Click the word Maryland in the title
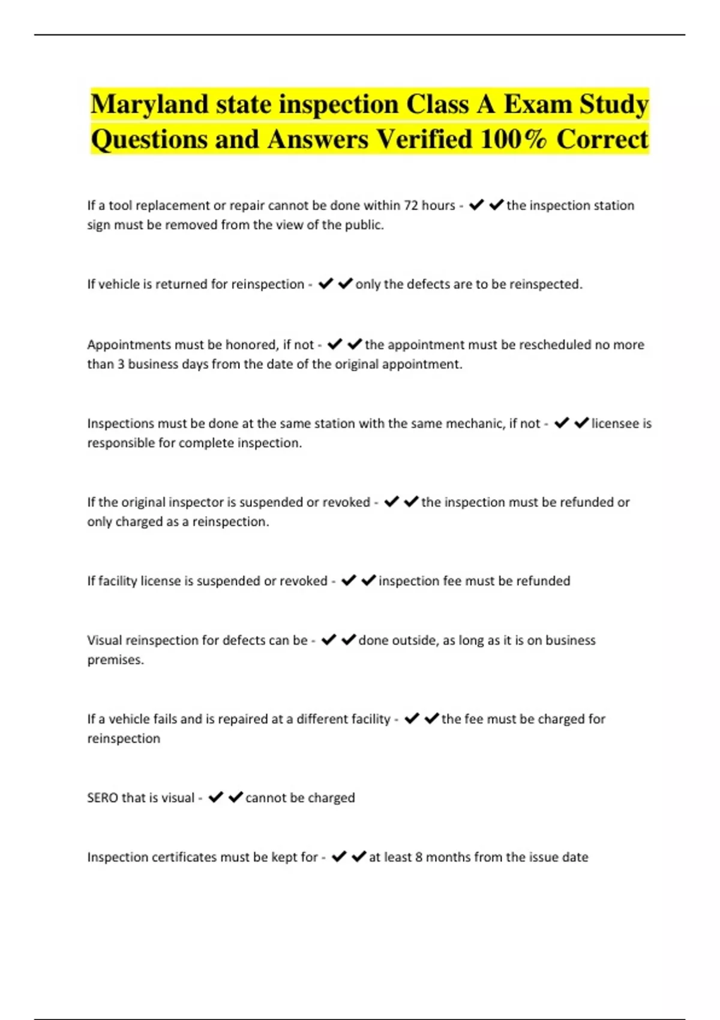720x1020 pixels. (149, 105)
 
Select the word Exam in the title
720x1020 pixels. (538, 105)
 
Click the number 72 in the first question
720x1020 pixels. (411, 206)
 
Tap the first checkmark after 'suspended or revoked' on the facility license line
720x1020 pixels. (349, 581)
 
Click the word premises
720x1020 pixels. (115, 660)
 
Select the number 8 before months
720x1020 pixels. (419, 857)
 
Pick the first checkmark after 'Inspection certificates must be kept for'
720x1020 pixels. (339, 857)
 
